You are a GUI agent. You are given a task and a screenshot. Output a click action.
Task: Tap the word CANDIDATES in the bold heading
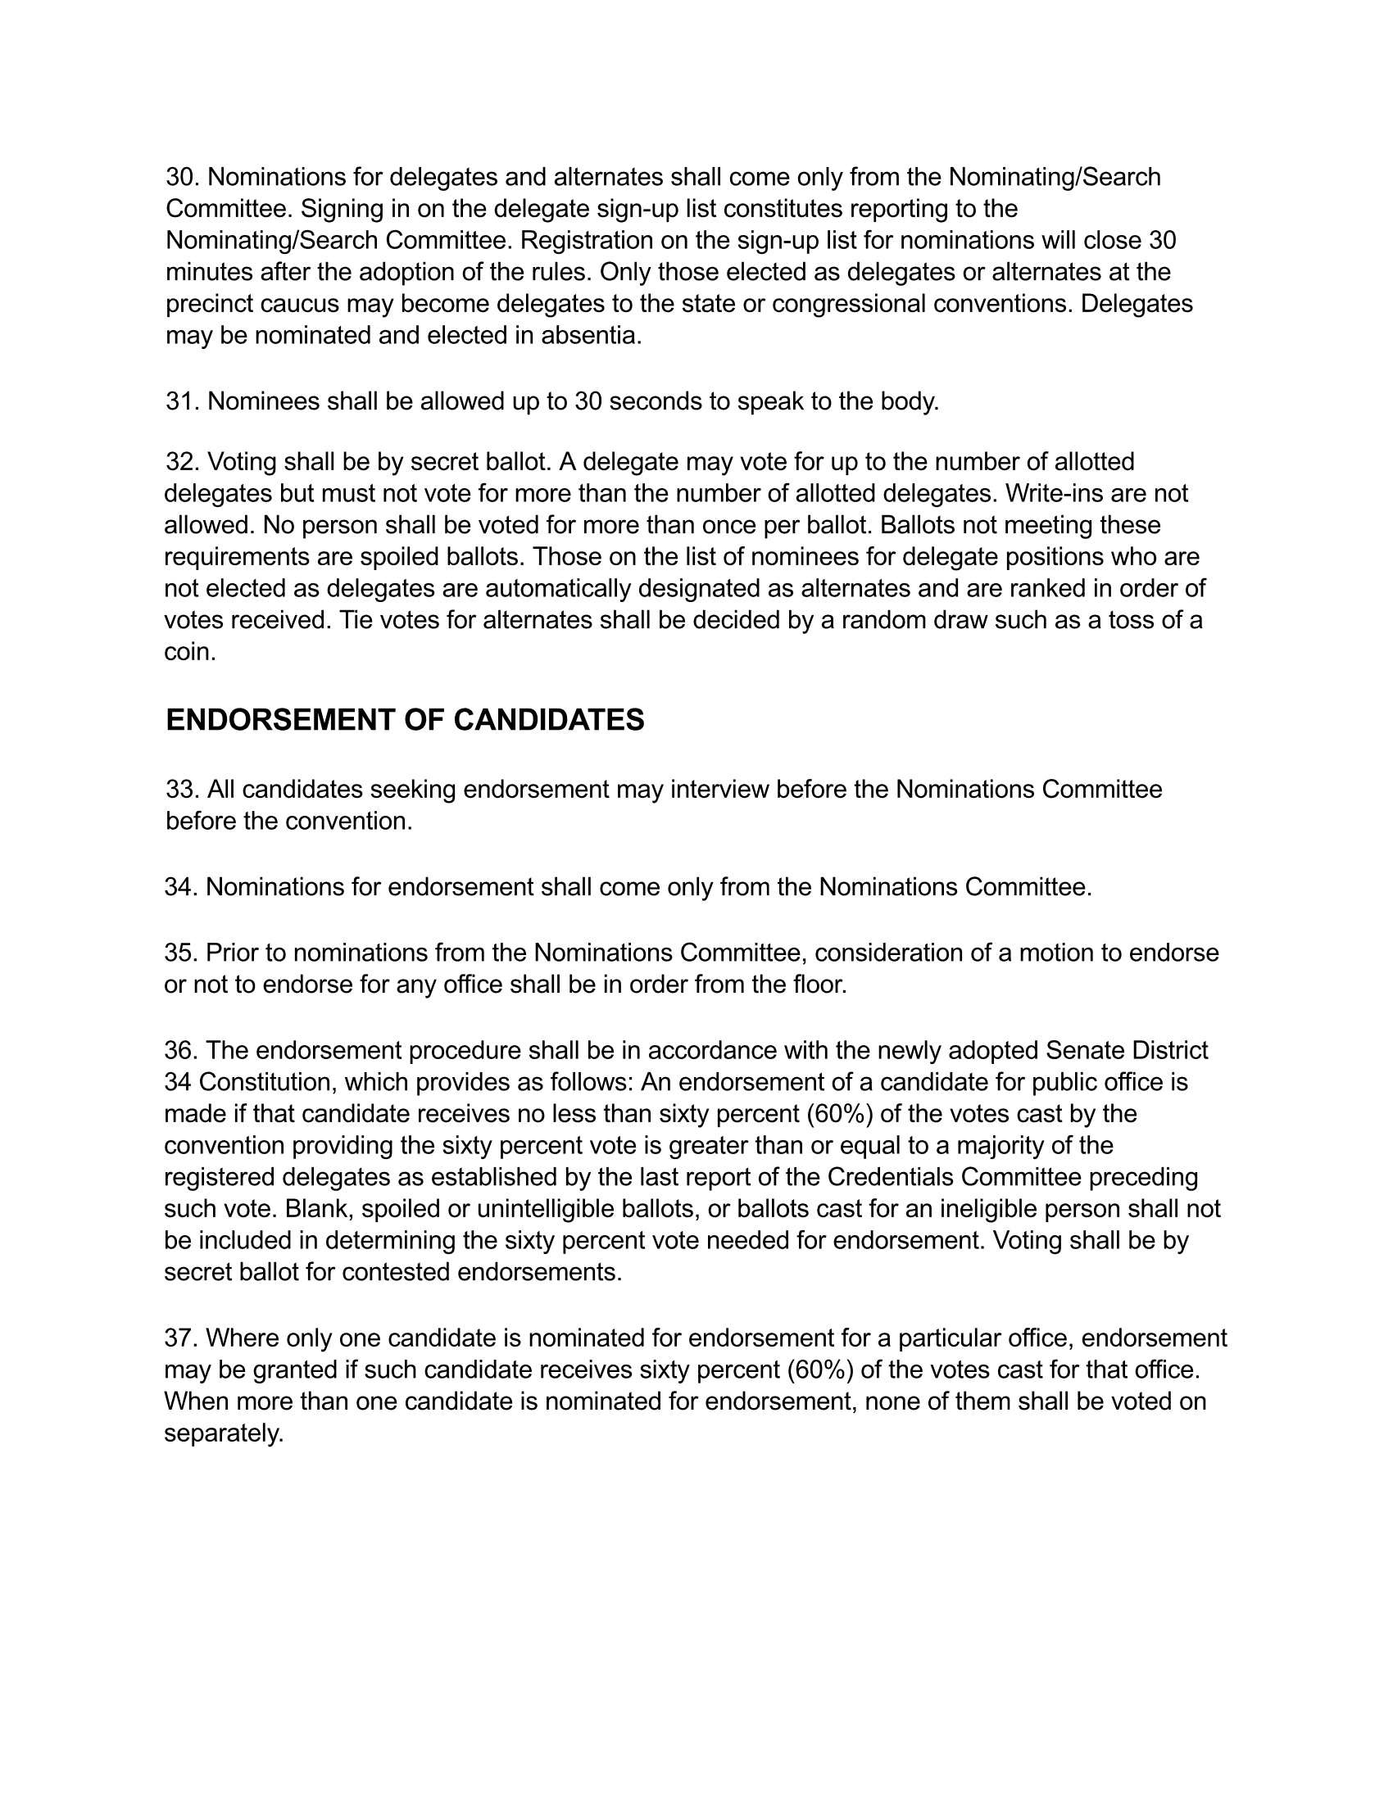pos(549,720)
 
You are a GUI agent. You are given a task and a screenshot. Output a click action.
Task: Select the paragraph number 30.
pos(183,178)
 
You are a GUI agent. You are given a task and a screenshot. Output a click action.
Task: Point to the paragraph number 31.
pos(183,402)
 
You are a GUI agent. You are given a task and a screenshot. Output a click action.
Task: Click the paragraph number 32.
pos(183,462)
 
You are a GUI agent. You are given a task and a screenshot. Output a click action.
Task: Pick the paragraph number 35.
pos(181,953)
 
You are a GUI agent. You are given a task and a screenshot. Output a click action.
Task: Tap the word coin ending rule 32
pos(190,653)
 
